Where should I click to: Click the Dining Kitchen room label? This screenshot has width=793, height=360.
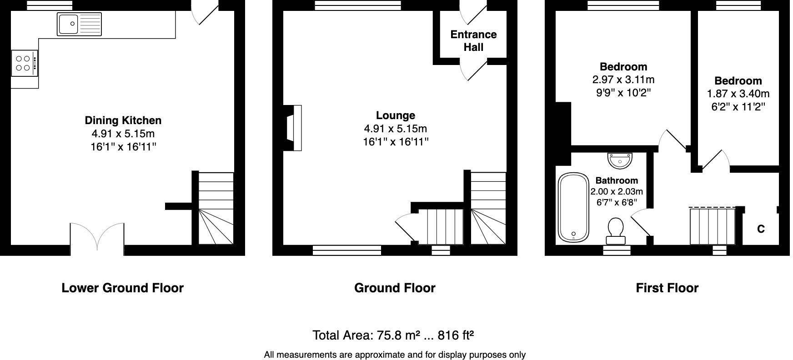(x=123, y=120)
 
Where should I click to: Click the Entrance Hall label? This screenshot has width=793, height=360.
(x=473, y=41)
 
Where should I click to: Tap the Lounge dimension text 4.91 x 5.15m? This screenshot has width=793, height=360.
(x=395, y=129)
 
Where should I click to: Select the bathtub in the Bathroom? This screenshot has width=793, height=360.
(x=573, y=207)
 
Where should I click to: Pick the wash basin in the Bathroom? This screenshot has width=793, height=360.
(x=620, y=160)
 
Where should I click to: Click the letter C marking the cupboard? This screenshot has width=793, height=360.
(x=761, y=229)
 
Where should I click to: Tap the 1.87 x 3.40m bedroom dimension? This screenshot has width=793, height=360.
(x=738, y=94)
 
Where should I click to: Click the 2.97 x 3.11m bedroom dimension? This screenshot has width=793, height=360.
(x=623, y=80)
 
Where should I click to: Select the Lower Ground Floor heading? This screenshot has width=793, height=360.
(x=122, y=288)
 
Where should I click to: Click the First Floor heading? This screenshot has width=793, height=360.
(x=667, y=288)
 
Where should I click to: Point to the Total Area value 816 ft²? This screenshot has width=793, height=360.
(x=456, y=335)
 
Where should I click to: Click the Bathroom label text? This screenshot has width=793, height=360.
(x=617, y=180)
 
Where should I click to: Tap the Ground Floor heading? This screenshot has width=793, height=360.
(x=395, y=288)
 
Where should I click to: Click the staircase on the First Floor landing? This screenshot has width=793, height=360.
(x=713, y=226)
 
